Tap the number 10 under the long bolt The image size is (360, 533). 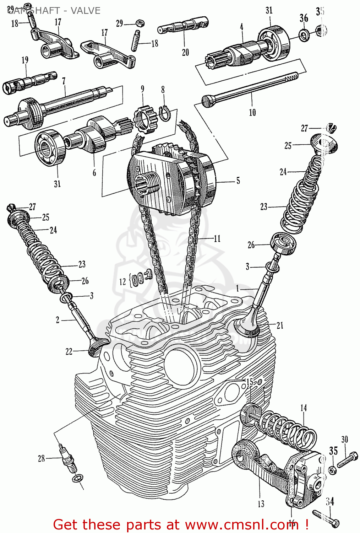[252, 113]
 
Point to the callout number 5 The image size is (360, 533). [238, 181]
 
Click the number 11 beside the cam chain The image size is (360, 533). [217, 239]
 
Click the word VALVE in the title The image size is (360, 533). [86, 11]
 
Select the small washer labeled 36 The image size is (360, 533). [304, 35]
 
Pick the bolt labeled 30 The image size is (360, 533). [347, 460]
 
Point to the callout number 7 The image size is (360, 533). [64, 81]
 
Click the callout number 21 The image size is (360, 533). [280, 325]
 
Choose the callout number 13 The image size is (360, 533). [261, 504]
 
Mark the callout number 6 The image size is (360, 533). [94, 173]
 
